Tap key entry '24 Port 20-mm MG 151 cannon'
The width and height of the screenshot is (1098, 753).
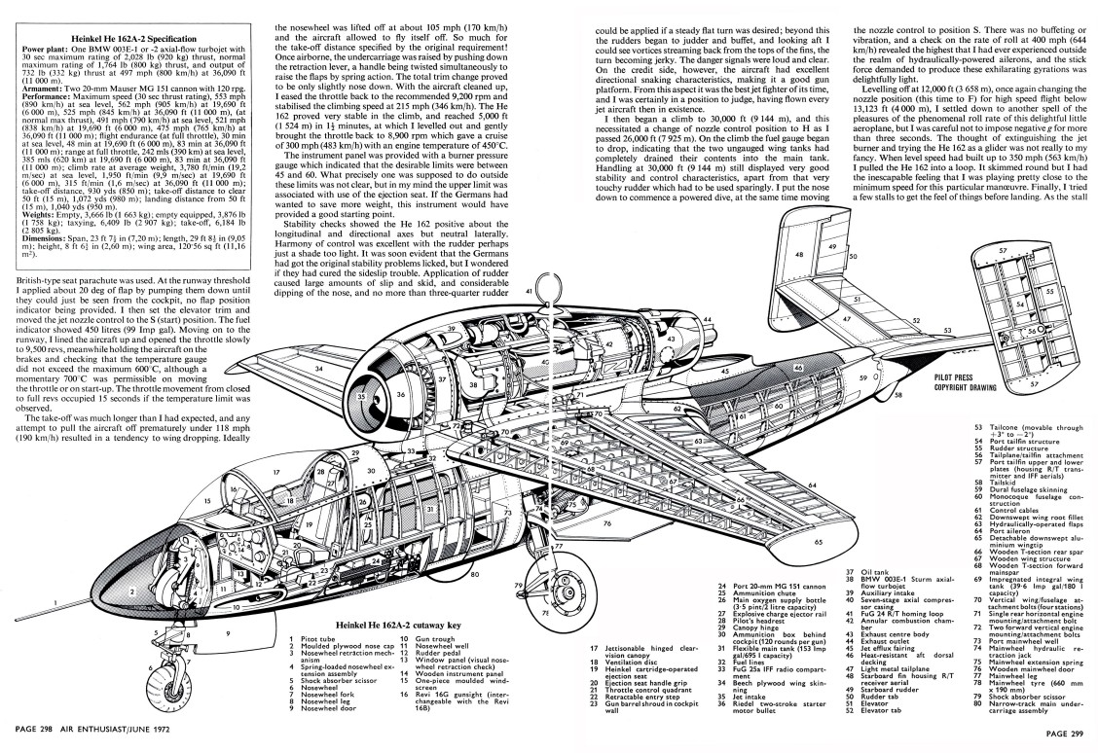pyautogui.click(x=760, y=587)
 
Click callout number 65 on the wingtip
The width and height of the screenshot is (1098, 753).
pyautogui.click(x=818, y=541)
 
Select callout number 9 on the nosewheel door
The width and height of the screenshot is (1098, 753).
pyautogui.click(x=228, y=632)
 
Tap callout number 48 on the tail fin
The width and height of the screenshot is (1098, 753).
pyautogui.click(x=799, y=256)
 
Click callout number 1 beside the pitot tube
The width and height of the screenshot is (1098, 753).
pyautogui.click(x=55, y=601)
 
